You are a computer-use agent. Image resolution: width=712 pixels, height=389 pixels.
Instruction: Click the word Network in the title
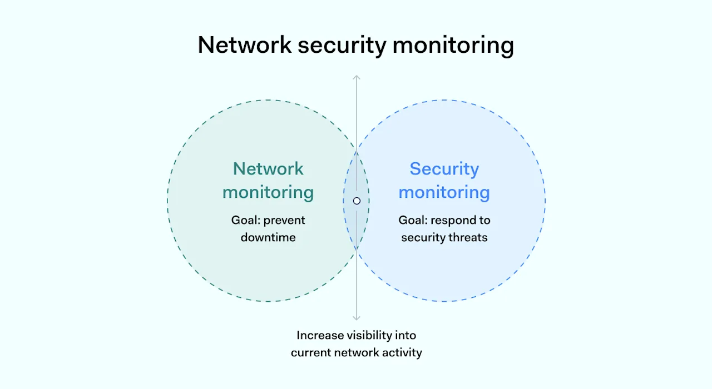pyautogui.click(x=244, y=46)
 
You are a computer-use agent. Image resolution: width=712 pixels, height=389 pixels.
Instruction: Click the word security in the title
pyautogui.click(x=342, y=46)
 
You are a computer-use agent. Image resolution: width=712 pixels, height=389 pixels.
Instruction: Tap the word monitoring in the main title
pyautogui.click(x=453, y=46)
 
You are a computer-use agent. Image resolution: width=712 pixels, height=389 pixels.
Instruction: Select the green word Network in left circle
pyautogui.click(x=268, y=168)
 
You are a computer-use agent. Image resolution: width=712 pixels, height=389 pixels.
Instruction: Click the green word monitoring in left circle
pyautogui.click(x=268, y=192)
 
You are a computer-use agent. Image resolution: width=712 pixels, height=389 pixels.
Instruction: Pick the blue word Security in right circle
pyautogui.click(x=444, y=168)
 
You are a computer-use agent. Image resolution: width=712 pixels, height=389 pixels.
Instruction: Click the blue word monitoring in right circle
pyautogui.click(x=444, y=192)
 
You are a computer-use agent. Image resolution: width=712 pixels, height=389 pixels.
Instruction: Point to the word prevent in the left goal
pyautogui.click(x=284, y=221)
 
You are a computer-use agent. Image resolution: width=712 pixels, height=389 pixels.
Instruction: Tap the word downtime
pyautogui.click(x=268, y=237)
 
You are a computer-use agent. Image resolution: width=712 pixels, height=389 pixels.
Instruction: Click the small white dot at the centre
pyautogui.click(x=357, y=201)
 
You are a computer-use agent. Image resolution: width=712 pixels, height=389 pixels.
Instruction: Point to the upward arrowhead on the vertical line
pyautogui.click(x=357, y=78)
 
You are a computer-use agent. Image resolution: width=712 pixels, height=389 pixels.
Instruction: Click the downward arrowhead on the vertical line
pyautogui.click(x=357, y=318)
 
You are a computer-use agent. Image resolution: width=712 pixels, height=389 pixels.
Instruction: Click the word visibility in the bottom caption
pyautogui.click(x=369, y=336)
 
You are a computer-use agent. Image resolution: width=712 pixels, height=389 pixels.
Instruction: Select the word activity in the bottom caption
pyautogui.click(x=403, y=352)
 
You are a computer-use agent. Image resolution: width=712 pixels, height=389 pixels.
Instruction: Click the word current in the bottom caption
pyautogui.click(x=310, y=352)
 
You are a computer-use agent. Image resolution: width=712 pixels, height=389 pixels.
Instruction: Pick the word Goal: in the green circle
pyautogui.click(x=245, y=221)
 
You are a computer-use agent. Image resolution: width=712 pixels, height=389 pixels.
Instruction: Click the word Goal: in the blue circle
pyautogui.click(x=413, y=221)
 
